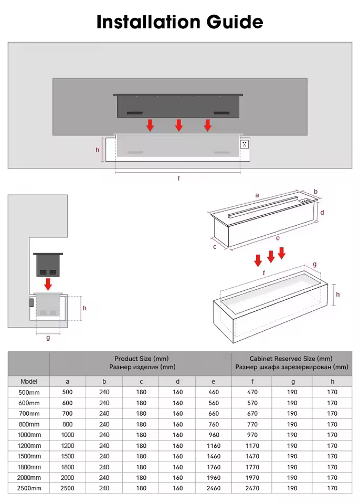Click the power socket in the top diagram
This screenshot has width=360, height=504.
[x=245, y=143]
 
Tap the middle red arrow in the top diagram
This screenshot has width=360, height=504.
[x=179, y=125]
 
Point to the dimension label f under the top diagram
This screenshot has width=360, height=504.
[x=178, y=178]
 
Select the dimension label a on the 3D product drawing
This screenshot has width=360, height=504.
[x=257, y=195]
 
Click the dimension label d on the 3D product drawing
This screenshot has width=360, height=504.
[x=322, y=213]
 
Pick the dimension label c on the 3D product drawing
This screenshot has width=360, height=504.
[x=215, y=246]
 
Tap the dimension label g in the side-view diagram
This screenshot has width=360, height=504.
[x=48, y=338]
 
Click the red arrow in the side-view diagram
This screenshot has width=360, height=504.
[x=48, y=283]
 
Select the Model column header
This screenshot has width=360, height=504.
[x=29, y=382]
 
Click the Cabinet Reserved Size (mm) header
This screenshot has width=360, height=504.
[x=291, y=359]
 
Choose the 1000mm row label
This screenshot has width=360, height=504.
[x=29, y=435]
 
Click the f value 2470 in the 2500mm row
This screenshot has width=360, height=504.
[x=252, y=488]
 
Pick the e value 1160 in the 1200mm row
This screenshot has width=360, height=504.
[x=213, y=446]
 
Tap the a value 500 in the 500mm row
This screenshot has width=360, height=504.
[x=68, y=392]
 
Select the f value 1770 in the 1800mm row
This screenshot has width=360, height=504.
[x=252, y=467]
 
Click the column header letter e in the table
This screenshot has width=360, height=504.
[x=213, y=382]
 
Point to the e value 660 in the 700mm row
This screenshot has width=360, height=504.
[x=213, y=414]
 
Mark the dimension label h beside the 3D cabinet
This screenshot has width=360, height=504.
[x=338, y=294]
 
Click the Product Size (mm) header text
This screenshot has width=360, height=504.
[x=142, y=359]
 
